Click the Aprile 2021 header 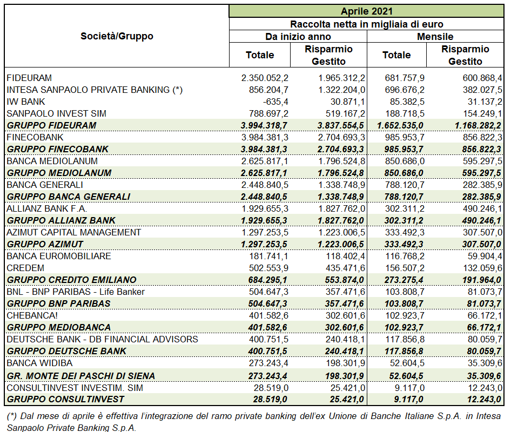367,11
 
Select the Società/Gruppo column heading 117,36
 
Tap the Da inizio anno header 298,37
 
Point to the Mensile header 435,37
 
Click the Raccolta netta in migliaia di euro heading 367,24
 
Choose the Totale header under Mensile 396,55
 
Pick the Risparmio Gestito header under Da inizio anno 328,55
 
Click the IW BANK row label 26,102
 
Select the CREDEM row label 25,268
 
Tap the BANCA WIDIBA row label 39,363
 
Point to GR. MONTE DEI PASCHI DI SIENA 81,376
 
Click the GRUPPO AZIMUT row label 45,244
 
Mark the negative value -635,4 275,102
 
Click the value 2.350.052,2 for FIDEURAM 265,78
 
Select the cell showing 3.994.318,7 264,125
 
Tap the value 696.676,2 405,90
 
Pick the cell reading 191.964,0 482,280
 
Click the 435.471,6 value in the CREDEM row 346,268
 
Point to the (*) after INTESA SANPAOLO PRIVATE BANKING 178,90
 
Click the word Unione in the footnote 342,416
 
